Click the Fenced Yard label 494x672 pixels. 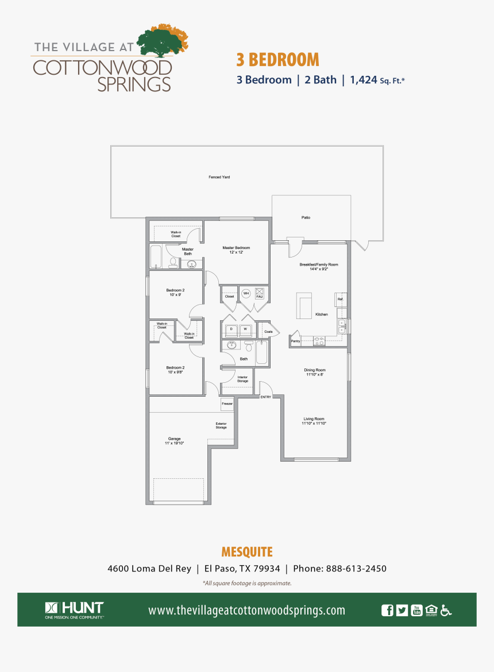pyautogui.click(x=219, y=177)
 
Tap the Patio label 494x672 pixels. pyautogui.click(x=306, y=217)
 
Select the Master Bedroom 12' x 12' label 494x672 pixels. pyautogui.click(x=236, y=249)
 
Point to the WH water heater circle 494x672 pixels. pyautogui.click(x=246, y=293)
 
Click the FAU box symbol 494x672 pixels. pyautogui.click(x=259, y=293)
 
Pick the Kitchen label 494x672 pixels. pyautogui.click(x=321, y=314)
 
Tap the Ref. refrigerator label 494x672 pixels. pyautogui.click(x=340, y=299)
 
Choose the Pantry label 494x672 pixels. pyautogui.click(x=295, y=341)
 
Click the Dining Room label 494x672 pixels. pyautogui.click(x=315, y=372)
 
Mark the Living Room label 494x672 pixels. pyautogui.click(x=314, y=421)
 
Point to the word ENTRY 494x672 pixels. pyautogui.click(x=265, y=397)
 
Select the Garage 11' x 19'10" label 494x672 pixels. pyautogui.click(x=175, y=441)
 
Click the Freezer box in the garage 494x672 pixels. pyautogui.click(x=227, y=404)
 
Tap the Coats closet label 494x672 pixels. pyautogui.click(x=268, y=332)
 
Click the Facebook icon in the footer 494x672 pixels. pyautogui.click(x=388, y=610)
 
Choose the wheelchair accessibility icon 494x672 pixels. pyautogui.click(x=446, y=610)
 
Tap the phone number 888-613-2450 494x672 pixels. pyautogui.click(x=356, y=569)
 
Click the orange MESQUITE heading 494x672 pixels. pyautogui.click(x=247, y=552)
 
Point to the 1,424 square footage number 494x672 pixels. pyautogui.click(x=363, y=80)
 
